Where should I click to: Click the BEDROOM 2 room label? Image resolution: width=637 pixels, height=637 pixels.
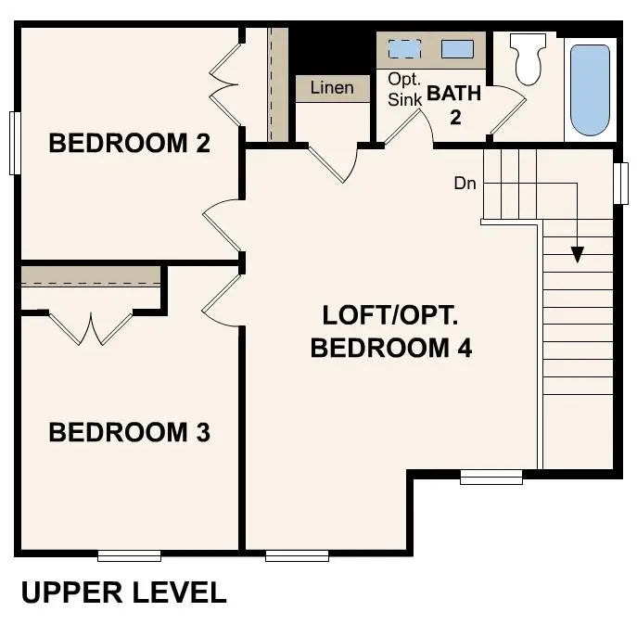(129, 144)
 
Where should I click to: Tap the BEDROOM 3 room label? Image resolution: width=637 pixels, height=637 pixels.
(129, 432)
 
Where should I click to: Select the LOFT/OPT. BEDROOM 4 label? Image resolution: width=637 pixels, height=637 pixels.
(390, 331)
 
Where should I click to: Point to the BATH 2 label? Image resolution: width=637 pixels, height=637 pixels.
(453, 105)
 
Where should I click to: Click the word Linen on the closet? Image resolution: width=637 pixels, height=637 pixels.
(331, 88)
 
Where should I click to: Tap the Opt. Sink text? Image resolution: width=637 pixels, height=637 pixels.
(405, 89)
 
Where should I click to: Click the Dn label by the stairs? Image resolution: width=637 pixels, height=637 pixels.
(465, 184)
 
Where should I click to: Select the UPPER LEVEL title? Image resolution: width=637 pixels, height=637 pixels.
(123, 592)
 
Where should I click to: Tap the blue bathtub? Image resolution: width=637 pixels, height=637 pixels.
(590, 89)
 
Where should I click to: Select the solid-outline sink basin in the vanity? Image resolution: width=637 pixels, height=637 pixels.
(457, 49)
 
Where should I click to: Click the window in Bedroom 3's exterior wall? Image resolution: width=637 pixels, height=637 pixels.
(129, 555)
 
